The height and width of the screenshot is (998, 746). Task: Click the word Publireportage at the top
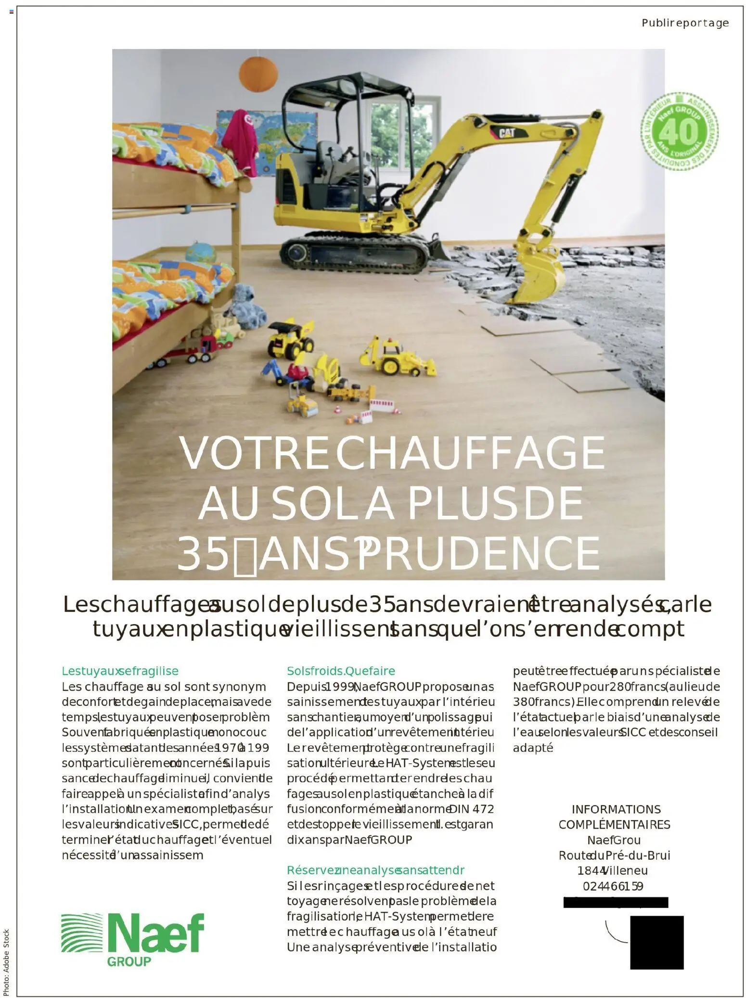[x=684, y=23]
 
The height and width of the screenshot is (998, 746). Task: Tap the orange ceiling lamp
[x=258, y=73]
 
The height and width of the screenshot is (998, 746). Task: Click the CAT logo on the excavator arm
[x=506, y=133]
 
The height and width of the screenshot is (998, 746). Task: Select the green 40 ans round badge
[x=679, y=131]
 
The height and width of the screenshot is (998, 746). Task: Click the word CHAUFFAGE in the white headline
[x=470, y=453]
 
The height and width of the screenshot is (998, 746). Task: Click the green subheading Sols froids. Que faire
[x=341, y=671]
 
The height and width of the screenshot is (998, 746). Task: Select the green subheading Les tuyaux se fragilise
[x=120, y=671]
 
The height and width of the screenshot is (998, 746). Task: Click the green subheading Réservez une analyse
[x=375, y=870]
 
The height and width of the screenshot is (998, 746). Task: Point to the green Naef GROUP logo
[x=133, y=939]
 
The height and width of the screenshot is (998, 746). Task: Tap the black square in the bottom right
[x=656, y=942]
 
